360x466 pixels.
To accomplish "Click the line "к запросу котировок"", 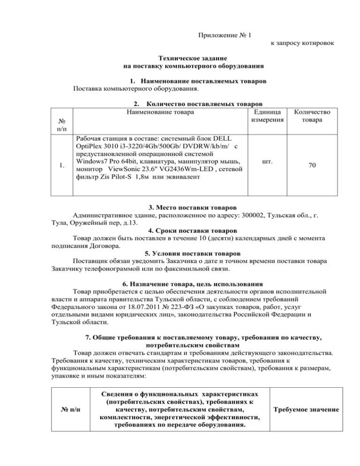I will [x=302, y=43].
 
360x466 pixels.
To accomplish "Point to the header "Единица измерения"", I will [x=266, y=116].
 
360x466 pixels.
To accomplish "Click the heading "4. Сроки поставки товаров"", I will [x=192, y=231].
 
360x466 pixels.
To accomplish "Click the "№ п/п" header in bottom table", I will [x=70, y=410].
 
